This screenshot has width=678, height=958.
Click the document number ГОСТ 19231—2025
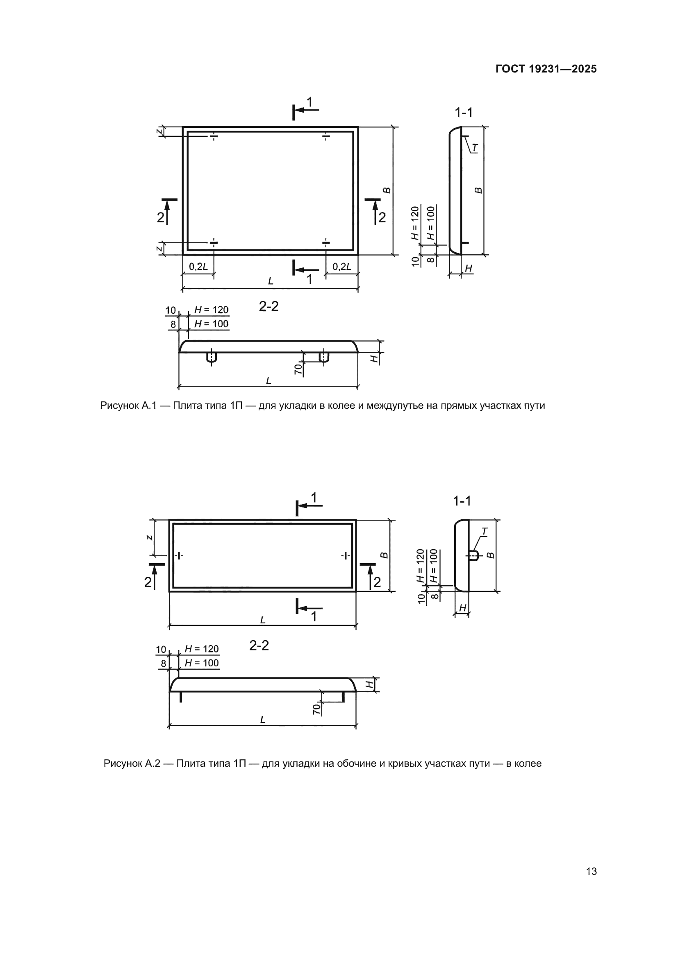pyautogui.click(x=546, y=69)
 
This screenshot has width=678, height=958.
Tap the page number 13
pyautogui.click(x=591, y=872)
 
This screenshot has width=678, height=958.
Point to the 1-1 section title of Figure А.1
pyautogui.click(x=464, y=113)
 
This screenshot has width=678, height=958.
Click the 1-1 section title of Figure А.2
pyautogui.click(x=462, y=501)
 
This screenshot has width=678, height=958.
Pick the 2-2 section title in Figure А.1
pyautogui.click(x=268, y=307)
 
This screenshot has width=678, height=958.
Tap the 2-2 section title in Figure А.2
pyautogui.click(x=259, y=645)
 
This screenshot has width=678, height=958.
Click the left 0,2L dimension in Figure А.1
pyautogui.click(x=198, y=267)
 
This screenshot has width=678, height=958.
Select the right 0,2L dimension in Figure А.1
pyautogui.click(x=342, y=267)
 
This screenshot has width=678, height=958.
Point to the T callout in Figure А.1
pyautogui.click(x=475, y=148)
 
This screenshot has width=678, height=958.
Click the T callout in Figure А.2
pyautogui.click(x=484, y=532)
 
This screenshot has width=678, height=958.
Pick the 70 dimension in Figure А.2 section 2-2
pyautogui.click(x=317, y=709)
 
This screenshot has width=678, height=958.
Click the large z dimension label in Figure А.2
pyautogui.click(x=150, y=537)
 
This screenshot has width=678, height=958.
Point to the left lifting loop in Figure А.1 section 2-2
pyautogui.click(x=212, y=358)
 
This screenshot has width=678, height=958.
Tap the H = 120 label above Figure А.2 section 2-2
pyautogui.click(x=202, y=649)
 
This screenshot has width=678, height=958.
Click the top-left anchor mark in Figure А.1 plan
pyautogui.click(x=213, y=136)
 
